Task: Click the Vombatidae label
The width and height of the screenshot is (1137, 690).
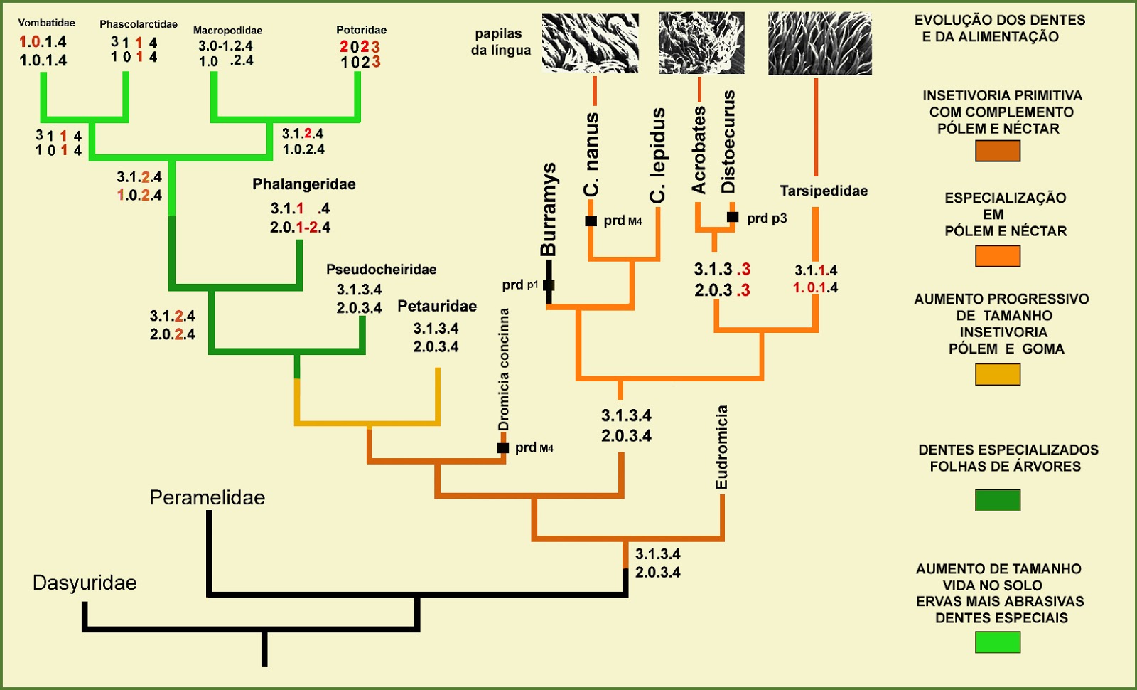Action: click(x=46, y=23)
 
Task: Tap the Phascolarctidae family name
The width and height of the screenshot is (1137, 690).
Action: click(x=139, y=24)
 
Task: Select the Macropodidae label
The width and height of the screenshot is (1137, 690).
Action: click(x=227, y=31)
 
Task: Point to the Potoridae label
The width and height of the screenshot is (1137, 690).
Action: click(x=361, y=30)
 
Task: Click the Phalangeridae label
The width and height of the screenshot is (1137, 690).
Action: click(x=304, y=184)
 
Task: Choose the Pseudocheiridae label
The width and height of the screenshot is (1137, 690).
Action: click(x=382, y=270)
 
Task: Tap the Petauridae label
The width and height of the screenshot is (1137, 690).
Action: click(x=437, y=307)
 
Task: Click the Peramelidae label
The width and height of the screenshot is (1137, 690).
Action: click(x=207, y=497)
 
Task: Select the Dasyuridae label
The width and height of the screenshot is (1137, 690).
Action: click(x=85, y=583)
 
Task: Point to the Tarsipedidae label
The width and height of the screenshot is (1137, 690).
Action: click(x=824, y=191)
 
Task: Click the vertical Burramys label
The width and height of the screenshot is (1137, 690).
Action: click(x=549, y=210)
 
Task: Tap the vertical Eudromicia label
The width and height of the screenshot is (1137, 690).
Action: click(x=722, y=447)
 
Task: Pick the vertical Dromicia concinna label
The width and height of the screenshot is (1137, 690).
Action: click(x=504, y=369)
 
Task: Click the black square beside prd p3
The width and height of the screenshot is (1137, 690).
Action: click(x=733, y=217)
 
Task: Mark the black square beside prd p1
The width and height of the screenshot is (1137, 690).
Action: click(x=549, y=285)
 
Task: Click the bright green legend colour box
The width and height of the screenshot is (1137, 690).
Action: click(x=997, y=642)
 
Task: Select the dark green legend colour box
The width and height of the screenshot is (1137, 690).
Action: click(x=997, y=500)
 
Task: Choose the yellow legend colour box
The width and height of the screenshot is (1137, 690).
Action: click(x=997, y=374)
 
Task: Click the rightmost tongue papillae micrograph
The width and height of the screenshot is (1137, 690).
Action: click(x=819, y=43)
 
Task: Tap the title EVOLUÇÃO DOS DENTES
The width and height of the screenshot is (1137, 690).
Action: click(x=1000, y=20)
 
